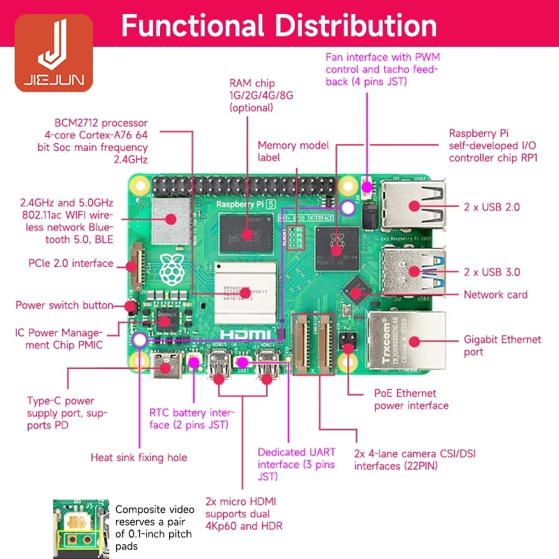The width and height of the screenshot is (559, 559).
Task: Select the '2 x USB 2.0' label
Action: point(492,207)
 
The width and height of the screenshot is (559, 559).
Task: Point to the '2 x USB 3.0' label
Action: point(492,272)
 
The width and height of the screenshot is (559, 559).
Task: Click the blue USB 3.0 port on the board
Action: point(412,269)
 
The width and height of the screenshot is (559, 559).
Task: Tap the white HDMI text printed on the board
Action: point(247,334)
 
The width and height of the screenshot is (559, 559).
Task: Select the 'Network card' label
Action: point(495,295)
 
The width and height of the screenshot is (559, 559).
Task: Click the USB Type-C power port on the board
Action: point(168,364)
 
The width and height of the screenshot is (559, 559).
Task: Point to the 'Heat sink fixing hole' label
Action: point(139,458)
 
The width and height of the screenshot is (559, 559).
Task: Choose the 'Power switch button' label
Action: point(64,305)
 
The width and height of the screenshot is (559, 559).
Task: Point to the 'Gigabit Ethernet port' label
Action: point(502,346)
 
